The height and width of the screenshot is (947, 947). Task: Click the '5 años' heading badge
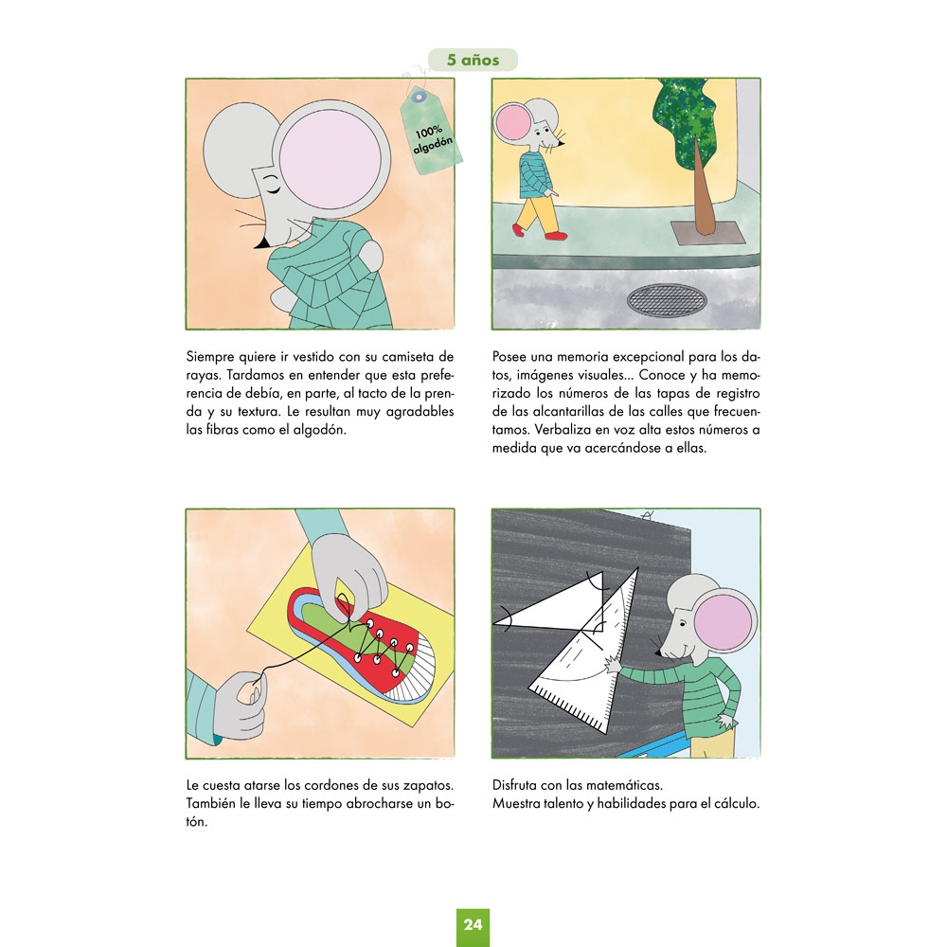click(473, 60)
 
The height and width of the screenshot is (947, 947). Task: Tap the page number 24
click(473, 924)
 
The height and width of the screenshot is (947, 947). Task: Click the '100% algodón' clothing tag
click(431, 133)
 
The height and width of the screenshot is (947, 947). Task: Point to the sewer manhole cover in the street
click(667, 300)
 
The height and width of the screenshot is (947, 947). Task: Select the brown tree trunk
click(702, 190)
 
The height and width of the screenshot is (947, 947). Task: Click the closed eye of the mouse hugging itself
click(271, 185)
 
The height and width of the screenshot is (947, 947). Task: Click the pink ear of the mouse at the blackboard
click(724, 622)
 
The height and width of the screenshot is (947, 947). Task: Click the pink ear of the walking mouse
click(511, 122)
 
